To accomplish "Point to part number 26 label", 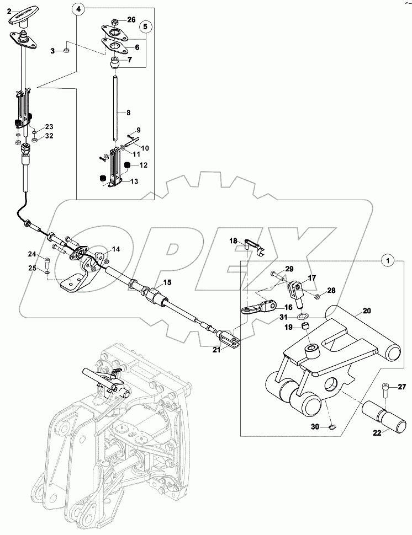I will point(131,20).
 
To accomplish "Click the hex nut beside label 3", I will point(65,51).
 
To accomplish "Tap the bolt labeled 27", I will point(385,392).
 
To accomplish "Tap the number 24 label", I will point(31,254).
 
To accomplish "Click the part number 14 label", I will point(115,249).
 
